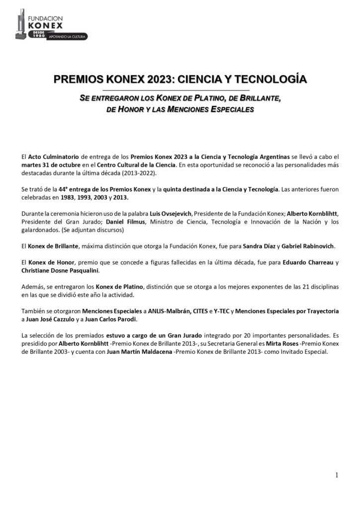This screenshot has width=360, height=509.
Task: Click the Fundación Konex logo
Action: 50,25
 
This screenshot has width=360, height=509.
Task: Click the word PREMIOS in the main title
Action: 76,79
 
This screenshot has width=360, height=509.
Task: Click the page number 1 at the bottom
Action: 337,475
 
